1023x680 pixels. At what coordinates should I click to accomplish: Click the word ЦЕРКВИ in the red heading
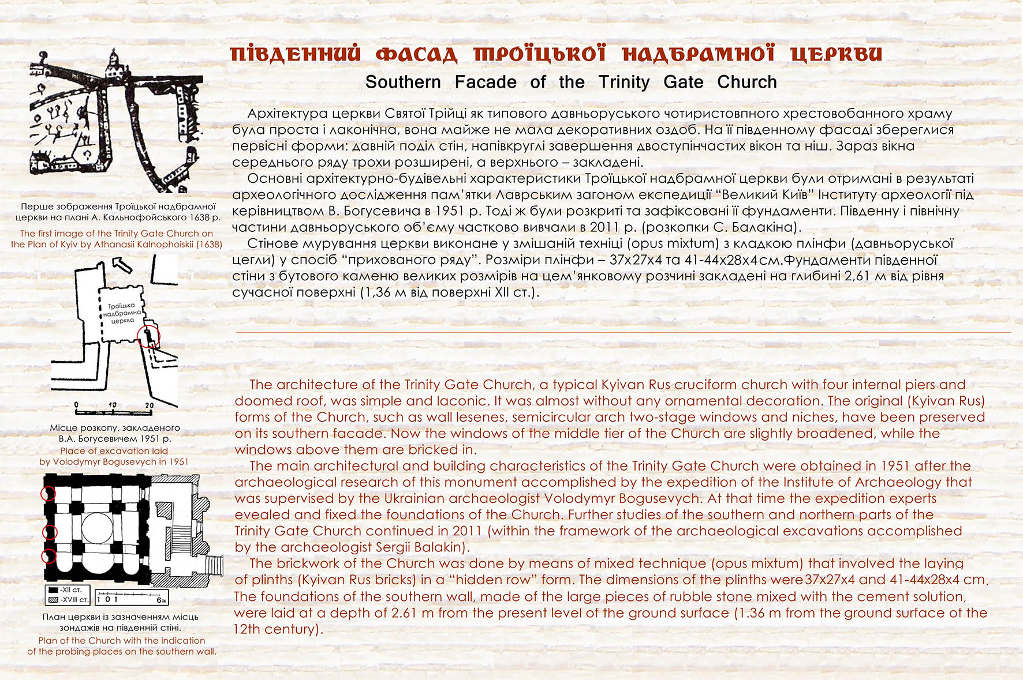(x=837, y=54)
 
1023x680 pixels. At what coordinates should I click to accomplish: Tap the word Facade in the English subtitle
(x=486, y=82)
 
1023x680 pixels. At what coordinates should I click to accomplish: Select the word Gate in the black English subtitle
(x=683, y=82)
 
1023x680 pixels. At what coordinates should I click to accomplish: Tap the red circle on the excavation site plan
(x=148, y=336)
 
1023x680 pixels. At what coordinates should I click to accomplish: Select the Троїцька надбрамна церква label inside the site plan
(x=122, y=313)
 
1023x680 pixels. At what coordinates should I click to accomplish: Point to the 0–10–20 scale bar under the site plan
(x=113, y=408)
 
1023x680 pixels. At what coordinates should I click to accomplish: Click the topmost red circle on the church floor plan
(x=48, y=494)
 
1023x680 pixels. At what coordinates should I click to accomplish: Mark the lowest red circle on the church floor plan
(x=48, y=557)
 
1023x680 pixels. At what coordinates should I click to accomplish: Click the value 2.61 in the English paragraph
(x=404, y=613)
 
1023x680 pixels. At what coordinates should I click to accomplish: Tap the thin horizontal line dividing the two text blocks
(x=623, y=333)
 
